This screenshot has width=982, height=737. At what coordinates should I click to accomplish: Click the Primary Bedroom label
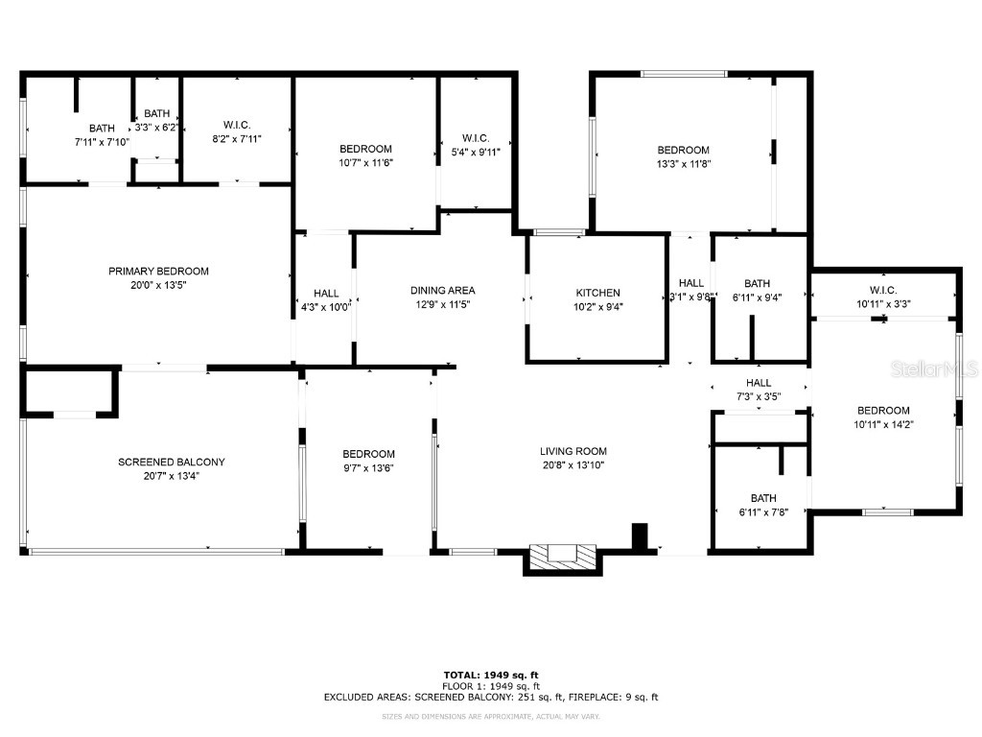click(x=158, y=272)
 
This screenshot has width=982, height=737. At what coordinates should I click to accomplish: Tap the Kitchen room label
click(x=597, y=293)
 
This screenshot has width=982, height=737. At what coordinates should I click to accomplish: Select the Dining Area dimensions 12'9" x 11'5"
click(x=442, y=304)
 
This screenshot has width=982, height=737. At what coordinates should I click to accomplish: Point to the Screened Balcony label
click(x=172, y=462)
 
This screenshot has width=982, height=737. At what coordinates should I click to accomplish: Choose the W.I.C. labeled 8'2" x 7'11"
click(x=237, y=131)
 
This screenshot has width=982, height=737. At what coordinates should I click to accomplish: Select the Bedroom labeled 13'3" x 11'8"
click(x=683, y=156)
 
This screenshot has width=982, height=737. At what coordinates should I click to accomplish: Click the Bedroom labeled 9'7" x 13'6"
click(x=369, y=461)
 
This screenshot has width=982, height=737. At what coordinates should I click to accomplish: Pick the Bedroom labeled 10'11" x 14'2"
click(x=883, y=416)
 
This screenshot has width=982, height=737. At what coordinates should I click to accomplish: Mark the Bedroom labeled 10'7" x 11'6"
click(x=365, y=155)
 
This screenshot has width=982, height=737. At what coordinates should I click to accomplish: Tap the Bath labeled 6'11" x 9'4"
click(x=758, y=290)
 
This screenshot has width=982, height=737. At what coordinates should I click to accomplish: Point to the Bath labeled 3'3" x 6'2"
click(x=157, y=120)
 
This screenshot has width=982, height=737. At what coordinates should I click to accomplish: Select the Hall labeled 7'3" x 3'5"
click(x=759, y=389)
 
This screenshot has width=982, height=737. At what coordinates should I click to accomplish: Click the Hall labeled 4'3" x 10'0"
click(x=325, y=300)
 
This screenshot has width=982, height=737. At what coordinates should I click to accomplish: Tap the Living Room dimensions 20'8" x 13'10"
click(x=573, y=464)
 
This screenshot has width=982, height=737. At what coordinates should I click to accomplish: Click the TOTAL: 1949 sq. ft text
click(x=490, y=675)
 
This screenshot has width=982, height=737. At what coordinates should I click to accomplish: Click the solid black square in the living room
click(x=640, y=535)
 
